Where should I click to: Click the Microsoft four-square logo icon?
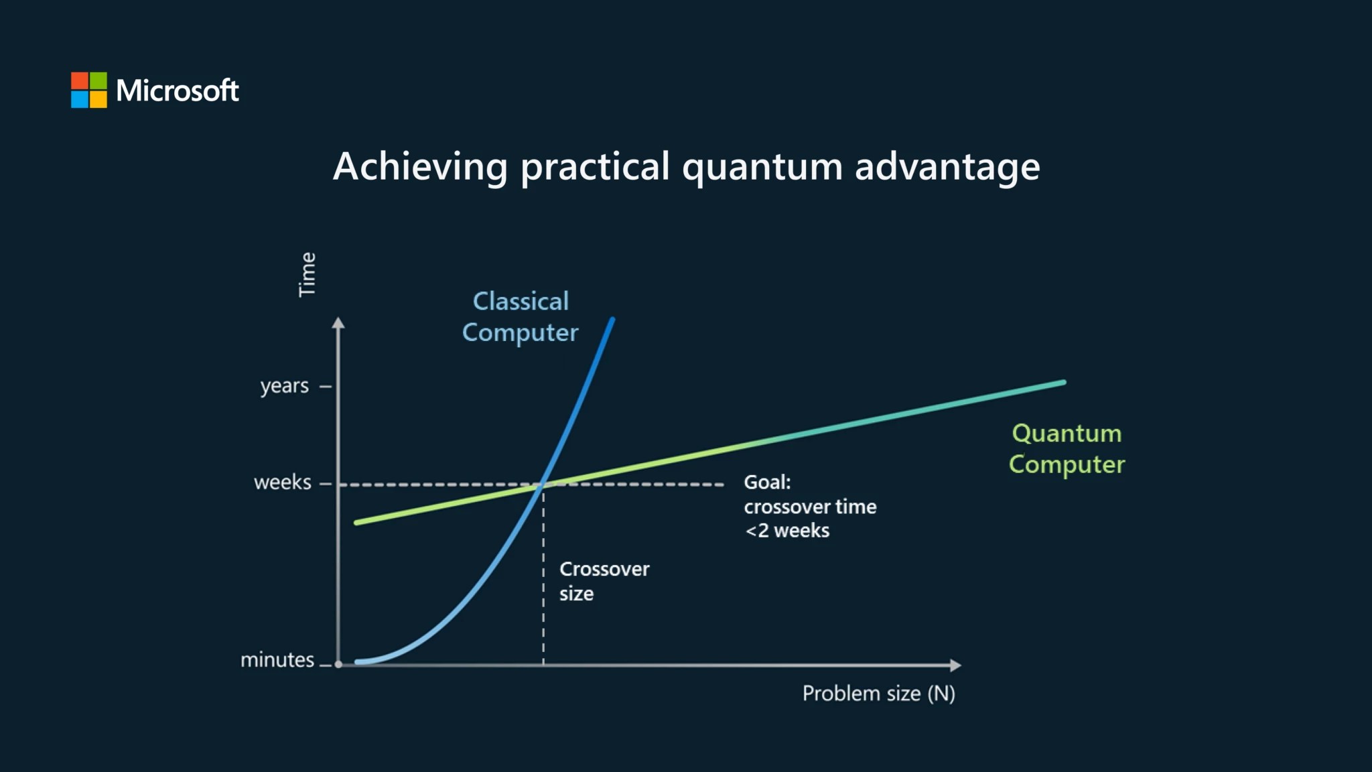[x=89, y=90]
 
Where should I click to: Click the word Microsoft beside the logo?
[x=178, y=90]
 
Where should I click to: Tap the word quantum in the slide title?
[x=762, y=168]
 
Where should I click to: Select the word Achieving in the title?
[x=420, y=168]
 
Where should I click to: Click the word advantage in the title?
[x=947, y=168]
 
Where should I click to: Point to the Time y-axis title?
[x=307, y=275]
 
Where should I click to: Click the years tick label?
[x=285, y=387]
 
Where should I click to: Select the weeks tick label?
[x=283, y=482]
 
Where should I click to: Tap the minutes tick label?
[x=277, y=660]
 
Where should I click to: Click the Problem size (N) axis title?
[x=879, y=694]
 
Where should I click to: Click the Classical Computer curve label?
[x=521, y=317]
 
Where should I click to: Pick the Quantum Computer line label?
[x=1067, y=449]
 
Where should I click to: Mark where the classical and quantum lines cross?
[x=544, y=483]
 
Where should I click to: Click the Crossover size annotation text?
[x=604, y=581]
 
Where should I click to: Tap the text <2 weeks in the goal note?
[x=787, y=531]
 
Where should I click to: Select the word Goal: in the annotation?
[x=767, y=482]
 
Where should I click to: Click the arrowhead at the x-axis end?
[x=956, y=665]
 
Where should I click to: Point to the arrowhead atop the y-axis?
[x=338, y=323]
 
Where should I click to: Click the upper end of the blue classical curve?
[x=612, y=320]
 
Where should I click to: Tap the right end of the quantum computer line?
[x=1063, y=383]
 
